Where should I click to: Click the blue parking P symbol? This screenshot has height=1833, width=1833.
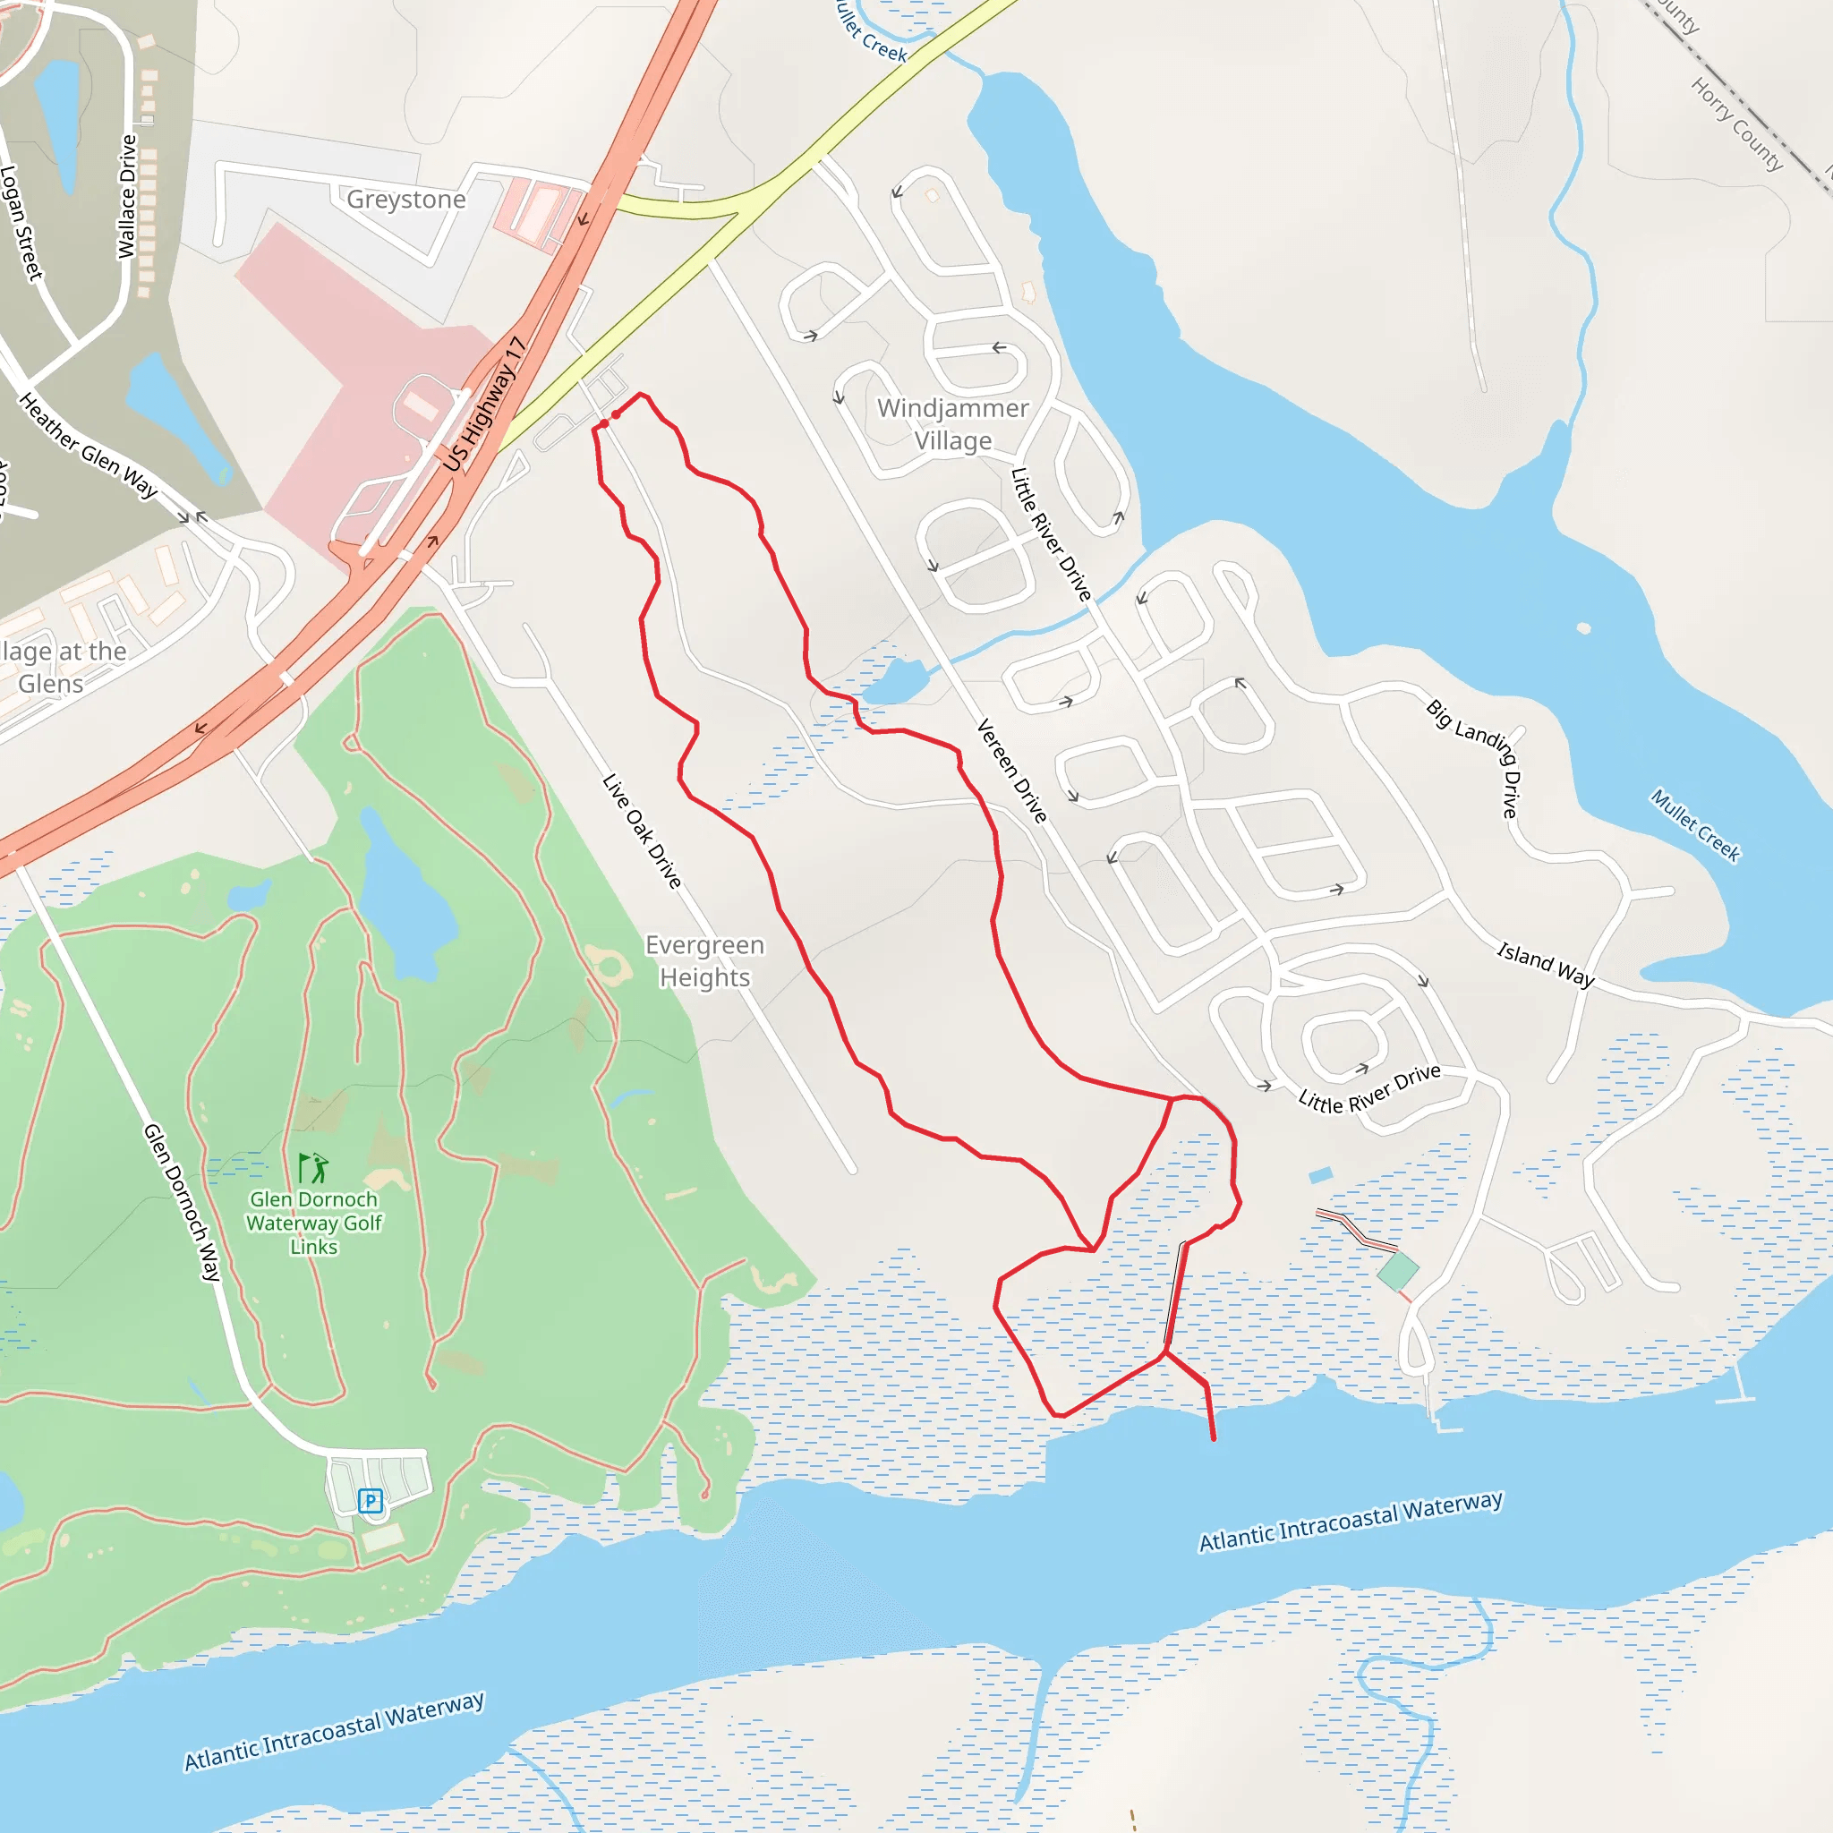coord(370,1500)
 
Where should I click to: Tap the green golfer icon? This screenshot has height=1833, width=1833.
coord(313,1167)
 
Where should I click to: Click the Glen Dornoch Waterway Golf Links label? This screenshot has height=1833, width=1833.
coord(313,1223)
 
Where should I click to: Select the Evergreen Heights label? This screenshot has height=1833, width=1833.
coord(704,961)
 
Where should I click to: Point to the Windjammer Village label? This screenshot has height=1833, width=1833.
coord(952,424)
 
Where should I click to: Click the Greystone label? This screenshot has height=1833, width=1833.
coord(406,200)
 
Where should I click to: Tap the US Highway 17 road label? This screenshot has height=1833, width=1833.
coord(484,404)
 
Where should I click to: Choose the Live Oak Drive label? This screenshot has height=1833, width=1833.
coord(643,831)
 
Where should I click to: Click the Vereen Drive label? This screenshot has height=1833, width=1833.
coord(1011,771)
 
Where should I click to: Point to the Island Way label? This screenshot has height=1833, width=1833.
coord(1546,963)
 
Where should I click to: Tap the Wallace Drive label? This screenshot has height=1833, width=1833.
coord(126,196)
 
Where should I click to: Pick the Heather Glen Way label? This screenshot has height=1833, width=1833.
coord(89,445)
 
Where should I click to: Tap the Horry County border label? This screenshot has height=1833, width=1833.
coord(1736,124)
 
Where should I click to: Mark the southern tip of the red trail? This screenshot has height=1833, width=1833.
coord(1214,1439)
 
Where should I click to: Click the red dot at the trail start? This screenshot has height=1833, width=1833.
coord(616,414)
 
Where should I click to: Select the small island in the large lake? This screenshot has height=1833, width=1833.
coord(1583,628)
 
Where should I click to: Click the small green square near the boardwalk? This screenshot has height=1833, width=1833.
coord(1396,1270)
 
